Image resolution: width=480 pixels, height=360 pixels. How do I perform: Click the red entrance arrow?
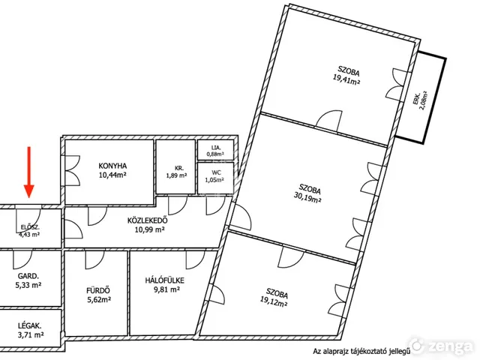[x=29, y=172]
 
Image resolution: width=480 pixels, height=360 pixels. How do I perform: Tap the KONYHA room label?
[x=112, y=166]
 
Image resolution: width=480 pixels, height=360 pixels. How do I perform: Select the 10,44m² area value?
[x=112, y=175]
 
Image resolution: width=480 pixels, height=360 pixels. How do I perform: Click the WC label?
[x=216, y=173]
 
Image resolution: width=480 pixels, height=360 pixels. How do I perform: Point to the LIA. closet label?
[x=216, y=148]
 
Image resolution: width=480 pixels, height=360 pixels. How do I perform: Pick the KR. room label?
[x=179, y=168]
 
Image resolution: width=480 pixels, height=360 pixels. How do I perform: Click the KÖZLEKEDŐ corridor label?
[x=148, y=220]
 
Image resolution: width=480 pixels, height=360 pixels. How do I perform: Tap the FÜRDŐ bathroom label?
[x=98, y=290]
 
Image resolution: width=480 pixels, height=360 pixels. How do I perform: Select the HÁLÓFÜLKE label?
[x=165, y=280]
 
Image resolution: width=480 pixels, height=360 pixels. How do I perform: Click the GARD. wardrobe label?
[x=28, y=276]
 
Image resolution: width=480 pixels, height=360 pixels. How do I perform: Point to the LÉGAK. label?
[x=30, y=326]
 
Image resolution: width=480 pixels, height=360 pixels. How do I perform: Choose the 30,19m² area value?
[x=307, y=198]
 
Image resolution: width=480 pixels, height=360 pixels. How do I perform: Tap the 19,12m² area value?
[x=274, y=301]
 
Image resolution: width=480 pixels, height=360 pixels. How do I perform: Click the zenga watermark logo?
[x=441, y=346]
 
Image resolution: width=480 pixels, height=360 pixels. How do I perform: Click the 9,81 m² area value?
[x=166, y=289]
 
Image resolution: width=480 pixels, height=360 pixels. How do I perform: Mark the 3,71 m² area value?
[x=31, y=335]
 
